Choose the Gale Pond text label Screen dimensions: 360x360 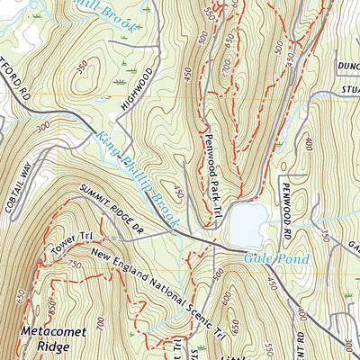[277, 259]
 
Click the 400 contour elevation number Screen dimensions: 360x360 [309, 143]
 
